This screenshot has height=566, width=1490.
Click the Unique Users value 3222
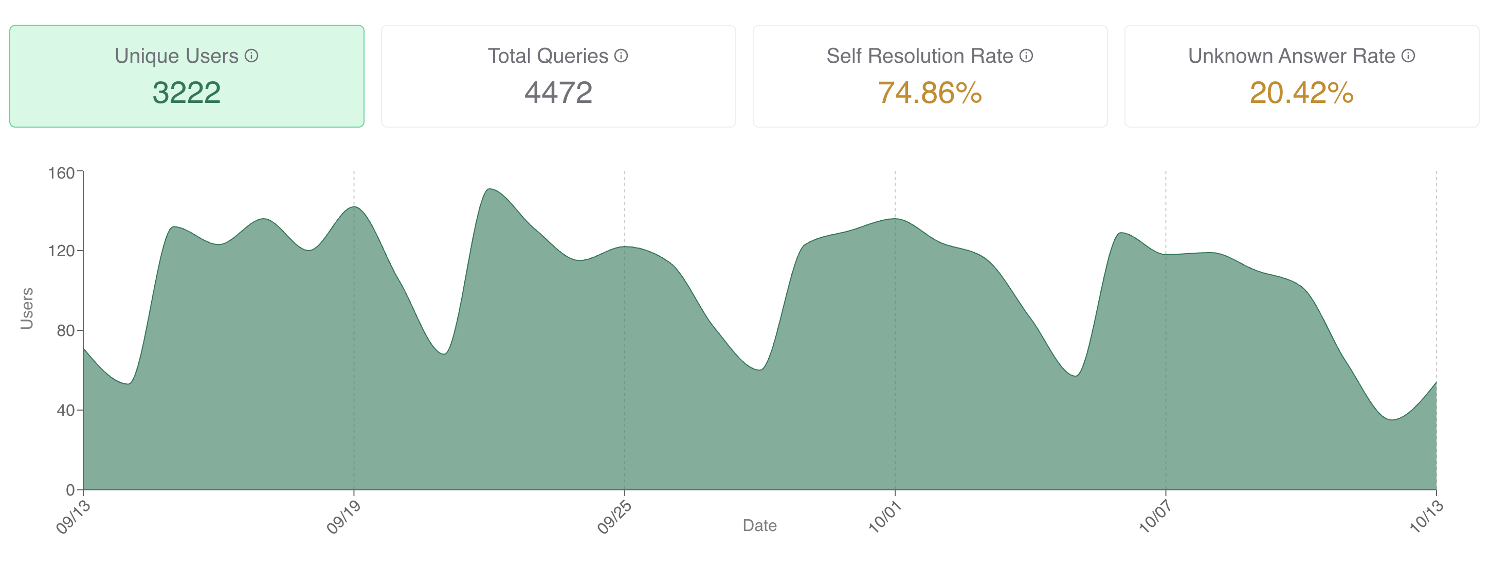tap(186, 93)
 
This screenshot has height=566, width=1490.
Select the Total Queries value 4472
tap(558, 93)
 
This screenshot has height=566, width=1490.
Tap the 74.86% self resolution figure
tap(930, 93)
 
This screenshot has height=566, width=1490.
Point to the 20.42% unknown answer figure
tap(1301, 93)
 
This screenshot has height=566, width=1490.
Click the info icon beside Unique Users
tap(251, 56)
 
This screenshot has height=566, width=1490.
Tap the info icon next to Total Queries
tap(621, 56)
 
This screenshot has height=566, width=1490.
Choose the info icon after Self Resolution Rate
tap(1026, 56)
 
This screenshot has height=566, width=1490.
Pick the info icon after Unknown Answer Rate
tap(1408, 56)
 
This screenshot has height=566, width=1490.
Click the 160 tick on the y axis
tap(61, 173)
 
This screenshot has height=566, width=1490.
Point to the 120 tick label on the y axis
tap(61, 251)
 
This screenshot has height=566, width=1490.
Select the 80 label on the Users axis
tap(65, 330)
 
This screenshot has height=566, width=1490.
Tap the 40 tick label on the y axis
tap(65, 410)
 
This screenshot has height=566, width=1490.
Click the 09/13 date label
tap(74, 517)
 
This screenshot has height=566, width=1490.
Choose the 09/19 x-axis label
tap(343, 517)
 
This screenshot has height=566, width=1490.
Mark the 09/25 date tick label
tap(614, 517)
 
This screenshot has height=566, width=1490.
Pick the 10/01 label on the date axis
tap(885, 517)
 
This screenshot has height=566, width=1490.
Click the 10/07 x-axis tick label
tap(1155, 517)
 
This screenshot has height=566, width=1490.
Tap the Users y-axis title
tap(27, 308)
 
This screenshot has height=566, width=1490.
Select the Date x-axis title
tap(759, 525)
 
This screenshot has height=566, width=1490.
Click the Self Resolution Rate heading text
tap(920, 56)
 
